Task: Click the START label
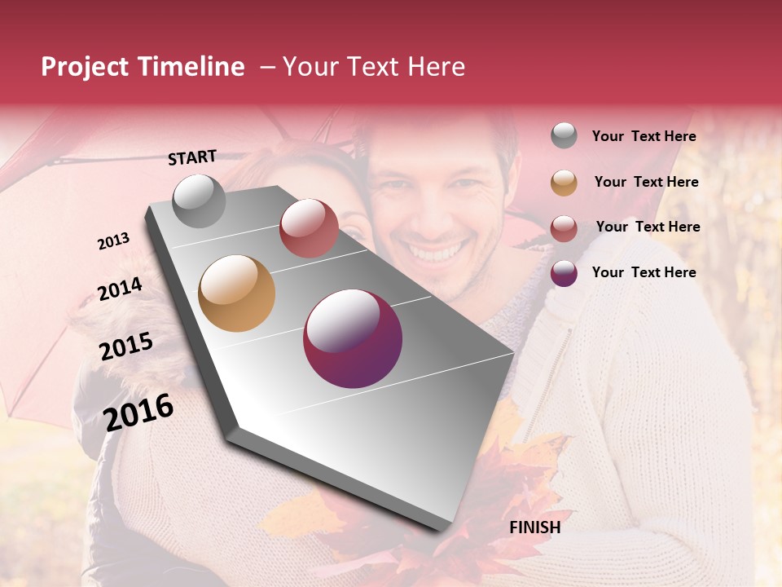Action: pos(192,157)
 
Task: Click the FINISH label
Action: pos(534,527)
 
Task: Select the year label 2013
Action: pos(113,241)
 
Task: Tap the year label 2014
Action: pos(120,289)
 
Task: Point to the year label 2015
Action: pos(126,346)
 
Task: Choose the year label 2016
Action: pos(139,412)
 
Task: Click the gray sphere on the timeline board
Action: pos(199,201)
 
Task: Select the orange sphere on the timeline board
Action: pos(237,293)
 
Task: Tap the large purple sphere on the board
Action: pos(353,338)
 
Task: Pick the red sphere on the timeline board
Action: pos(309,228)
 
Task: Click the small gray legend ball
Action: pos(564,135)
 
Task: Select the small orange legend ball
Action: pos(564,183)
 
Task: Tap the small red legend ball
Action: pos(564,228)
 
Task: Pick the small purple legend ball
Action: pos(564,274)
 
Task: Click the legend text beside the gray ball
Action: pos(644,136)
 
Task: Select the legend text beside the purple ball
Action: pos(644,272)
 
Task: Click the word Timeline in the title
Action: pos(191,67)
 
